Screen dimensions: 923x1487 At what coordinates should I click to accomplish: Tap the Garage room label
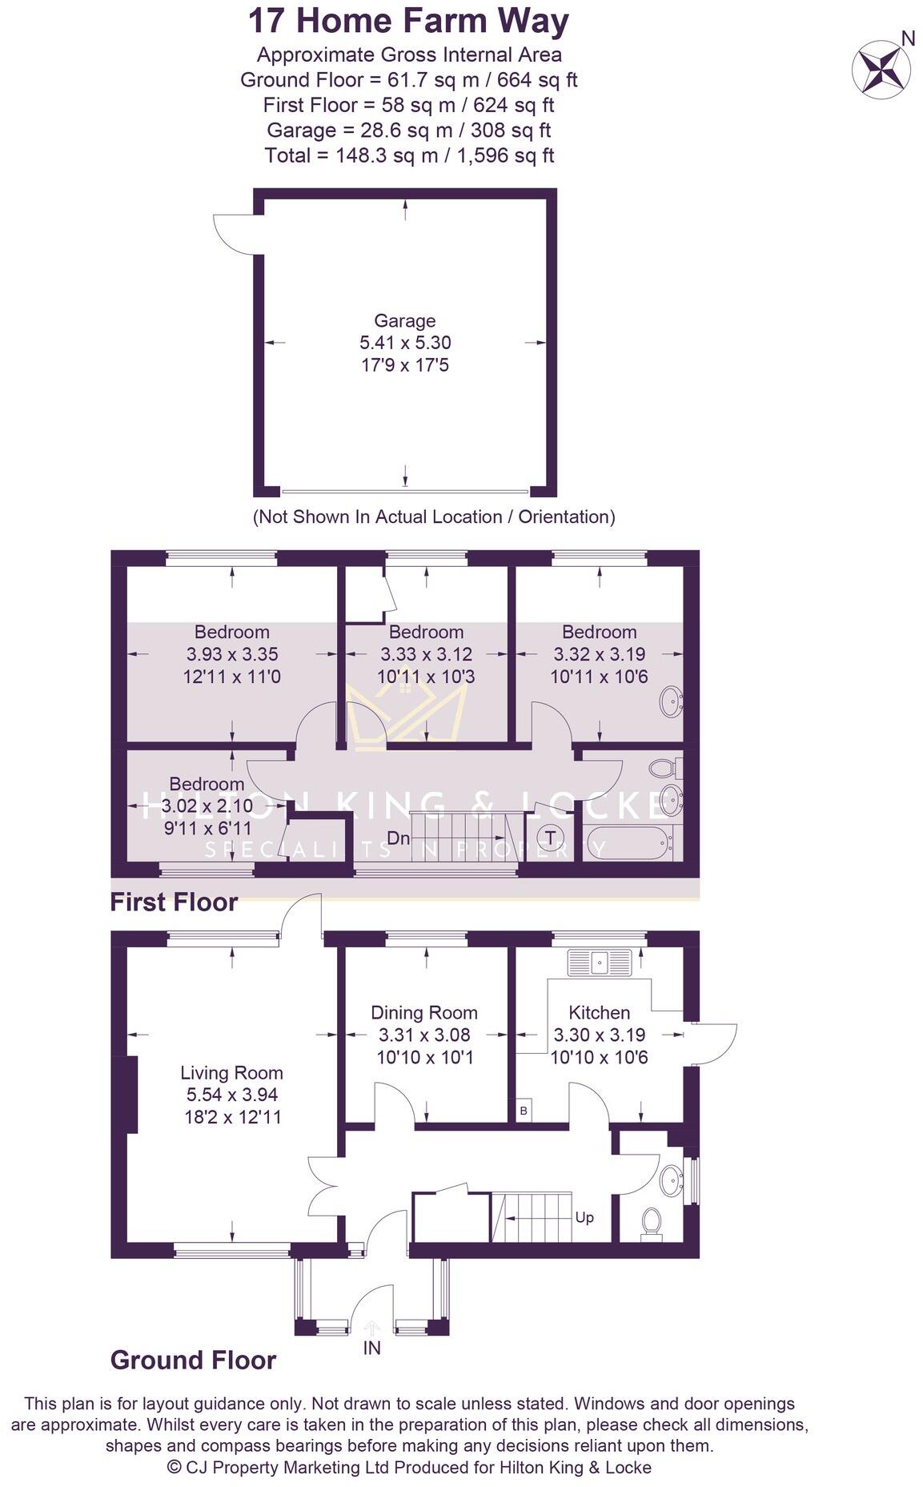pos(405,321)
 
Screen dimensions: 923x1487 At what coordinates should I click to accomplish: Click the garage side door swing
pos(234,233)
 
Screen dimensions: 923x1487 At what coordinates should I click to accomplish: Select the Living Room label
pos(231,1073)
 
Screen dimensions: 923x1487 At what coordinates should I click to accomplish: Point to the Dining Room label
pos(424,1013)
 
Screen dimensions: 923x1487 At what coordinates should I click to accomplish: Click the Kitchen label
pos(599,1013)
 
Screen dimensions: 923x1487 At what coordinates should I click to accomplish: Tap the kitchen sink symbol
pos(600,962)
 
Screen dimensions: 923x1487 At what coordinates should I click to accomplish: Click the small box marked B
pos(524,1111)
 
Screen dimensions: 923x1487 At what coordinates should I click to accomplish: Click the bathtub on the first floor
pos(628,842)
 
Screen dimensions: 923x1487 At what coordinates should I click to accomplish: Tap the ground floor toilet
pos(652,1224)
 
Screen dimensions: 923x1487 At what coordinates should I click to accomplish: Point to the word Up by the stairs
pos(584,1217)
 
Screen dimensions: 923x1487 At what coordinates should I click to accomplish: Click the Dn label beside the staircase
pos(398,838)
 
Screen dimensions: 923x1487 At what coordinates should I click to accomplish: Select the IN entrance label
pos(372,1348)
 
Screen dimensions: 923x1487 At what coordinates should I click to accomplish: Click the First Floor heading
pos(174,902)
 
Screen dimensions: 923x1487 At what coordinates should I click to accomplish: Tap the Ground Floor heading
pos(193,1360)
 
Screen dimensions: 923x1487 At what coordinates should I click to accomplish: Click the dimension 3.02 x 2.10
pos(207,806)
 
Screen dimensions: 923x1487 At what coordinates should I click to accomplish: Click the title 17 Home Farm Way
pos(408,22)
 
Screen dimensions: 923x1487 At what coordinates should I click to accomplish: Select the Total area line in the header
pos(409,155)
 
